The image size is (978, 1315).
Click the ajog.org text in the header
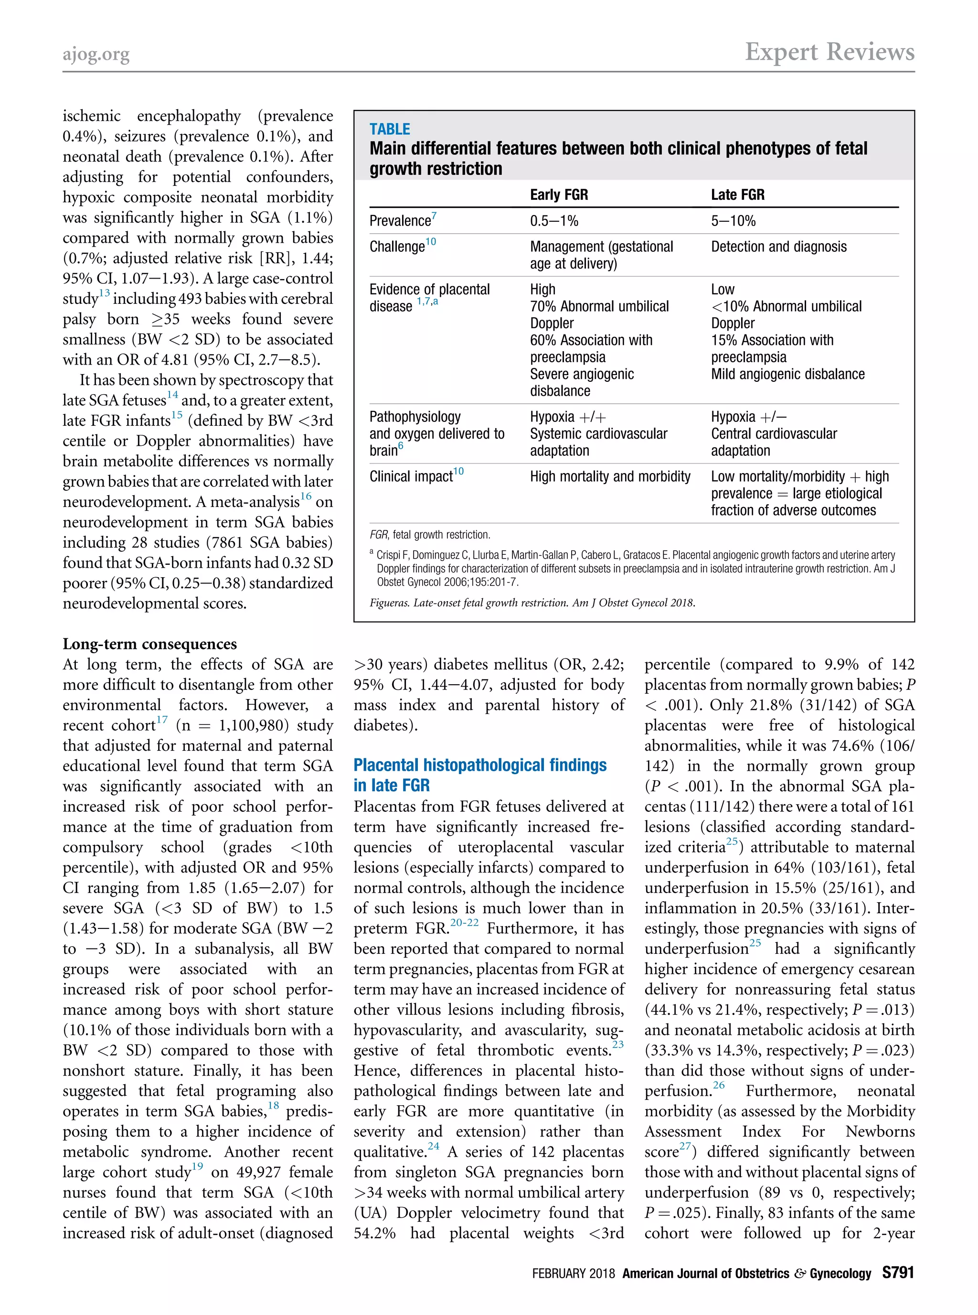96,54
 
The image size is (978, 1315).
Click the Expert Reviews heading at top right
829,52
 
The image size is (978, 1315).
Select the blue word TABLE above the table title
390,129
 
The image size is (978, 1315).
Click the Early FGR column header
558,195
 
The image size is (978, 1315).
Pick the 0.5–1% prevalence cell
553,221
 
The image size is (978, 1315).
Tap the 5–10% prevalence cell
733,221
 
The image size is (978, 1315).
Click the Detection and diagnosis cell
778,247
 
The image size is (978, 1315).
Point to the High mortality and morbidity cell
610,476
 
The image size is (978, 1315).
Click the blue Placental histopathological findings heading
479,765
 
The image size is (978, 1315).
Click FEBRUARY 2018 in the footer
573,1273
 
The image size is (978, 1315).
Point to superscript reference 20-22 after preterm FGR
464,922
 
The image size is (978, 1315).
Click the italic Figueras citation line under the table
532,603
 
